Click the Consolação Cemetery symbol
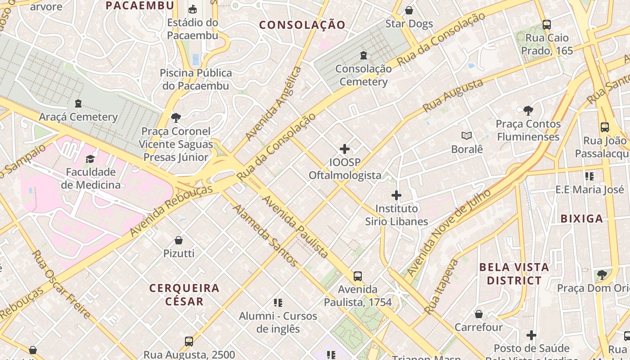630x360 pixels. [364, 55]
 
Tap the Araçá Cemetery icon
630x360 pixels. [78, 103]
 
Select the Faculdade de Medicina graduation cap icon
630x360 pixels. [90, 159]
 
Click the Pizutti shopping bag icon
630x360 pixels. [179, 240]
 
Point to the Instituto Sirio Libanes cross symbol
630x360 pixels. [396, 195]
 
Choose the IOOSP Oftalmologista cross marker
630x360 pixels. [345, 148]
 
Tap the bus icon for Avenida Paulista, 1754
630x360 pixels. [358, 276]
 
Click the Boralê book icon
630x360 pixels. [467, 135]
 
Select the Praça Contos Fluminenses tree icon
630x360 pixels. [528, 110]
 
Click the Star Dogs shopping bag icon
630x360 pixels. [409, 10]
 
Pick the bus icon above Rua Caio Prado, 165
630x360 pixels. [547, 25]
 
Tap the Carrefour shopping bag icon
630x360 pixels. [479, 314]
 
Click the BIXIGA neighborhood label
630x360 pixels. [581, 219]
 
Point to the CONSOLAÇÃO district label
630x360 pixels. [302, 25]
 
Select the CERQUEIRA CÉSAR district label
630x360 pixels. [184, 294]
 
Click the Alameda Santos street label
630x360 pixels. [265, 235]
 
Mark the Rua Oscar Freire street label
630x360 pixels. [62, 284]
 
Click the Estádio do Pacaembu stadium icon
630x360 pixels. [193, 9]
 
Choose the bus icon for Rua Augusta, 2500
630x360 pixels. [189, 341]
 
